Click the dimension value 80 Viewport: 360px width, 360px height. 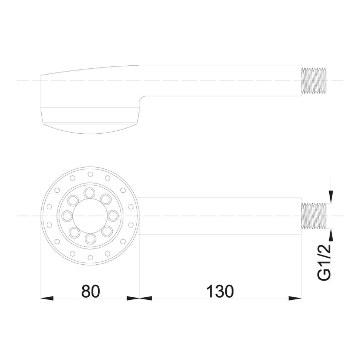click(x=91, y=291)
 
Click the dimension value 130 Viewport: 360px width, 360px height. click(x=220, y=291)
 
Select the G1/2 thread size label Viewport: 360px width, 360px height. click(x=324, y=262)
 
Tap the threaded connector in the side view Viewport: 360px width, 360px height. click(x=314, y=81)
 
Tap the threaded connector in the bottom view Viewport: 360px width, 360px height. click(x=314, y=216)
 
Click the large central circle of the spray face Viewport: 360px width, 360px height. click(x=90, y=216)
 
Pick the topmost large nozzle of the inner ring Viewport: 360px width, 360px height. click(x=89, y=193)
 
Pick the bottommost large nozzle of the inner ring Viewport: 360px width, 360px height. click(x=90, y=239)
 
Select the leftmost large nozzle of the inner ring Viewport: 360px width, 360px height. click(x=67, y=216)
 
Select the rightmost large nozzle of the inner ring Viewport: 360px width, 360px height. click(x=113, y=216)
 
